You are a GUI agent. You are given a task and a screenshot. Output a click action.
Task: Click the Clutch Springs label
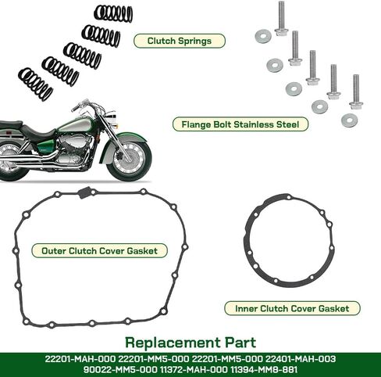click(x=180, y=41)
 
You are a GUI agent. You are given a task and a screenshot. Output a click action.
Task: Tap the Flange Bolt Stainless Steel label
click(x=240, y=124)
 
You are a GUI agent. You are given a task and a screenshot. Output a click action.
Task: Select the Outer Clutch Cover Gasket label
click(x=99, y=251)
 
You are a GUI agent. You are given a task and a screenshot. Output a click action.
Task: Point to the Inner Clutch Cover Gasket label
click(x=292, y=308)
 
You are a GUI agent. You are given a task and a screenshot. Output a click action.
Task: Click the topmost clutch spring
click(x=113, y=13)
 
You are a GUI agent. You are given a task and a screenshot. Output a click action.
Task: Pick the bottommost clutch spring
click(x=36, y=84)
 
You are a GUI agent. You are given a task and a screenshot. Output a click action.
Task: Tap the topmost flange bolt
click(x=281, y=18)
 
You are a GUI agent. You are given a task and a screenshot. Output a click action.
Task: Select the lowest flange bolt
click(x=356, y=92)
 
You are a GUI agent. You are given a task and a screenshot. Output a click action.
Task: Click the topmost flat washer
click(x=263, y=36)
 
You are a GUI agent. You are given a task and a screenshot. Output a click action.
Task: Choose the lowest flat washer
click(x=350, y=120)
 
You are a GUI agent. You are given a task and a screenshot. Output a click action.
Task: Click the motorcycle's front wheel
click(x=129, y=158)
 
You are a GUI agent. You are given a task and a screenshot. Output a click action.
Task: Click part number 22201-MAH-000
click(x=80, y=359)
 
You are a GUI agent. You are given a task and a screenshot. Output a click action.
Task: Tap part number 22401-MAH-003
click(x=301, y=359)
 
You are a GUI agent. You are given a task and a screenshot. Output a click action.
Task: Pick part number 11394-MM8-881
click(x=264, y=369)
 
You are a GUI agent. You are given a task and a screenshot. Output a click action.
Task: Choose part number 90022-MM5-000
click(x=120, y=369)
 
